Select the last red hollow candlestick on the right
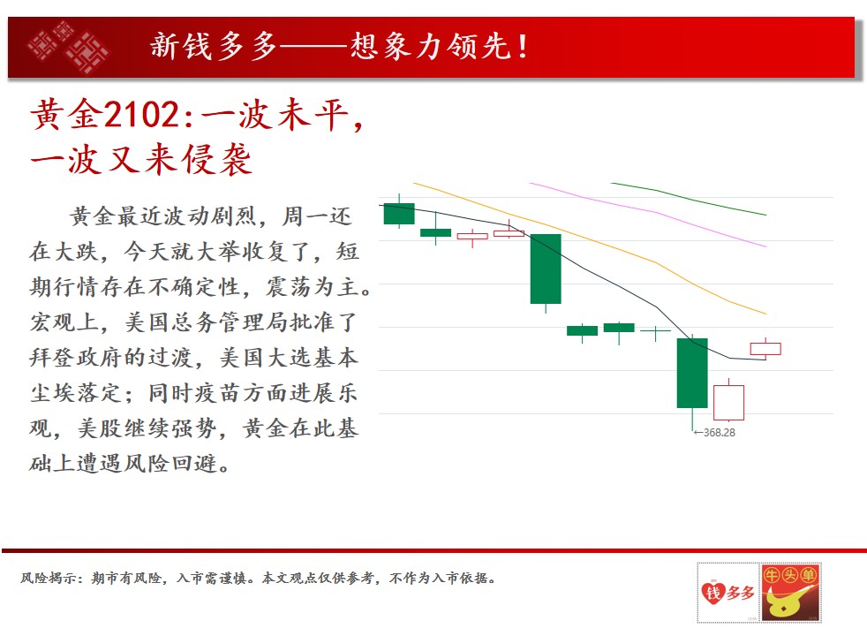click(x=765, y=348)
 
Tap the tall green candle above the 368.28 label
click(x=692, y=374)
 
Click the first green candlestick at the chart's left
click(x=399, y=214)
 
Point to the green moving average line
click(x=689, y=198)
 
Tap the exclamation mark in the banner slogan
click(x=522, y=47)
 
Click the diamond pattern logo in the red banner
click(x=68, y=47)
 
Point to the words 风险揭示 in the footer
click(x=47, y=579)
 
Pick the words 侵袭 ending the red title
click(x=217, y=159)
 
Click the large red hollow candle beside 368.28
click(x=728, y=400)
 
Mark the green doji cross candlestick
click(x=655, y=332)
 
